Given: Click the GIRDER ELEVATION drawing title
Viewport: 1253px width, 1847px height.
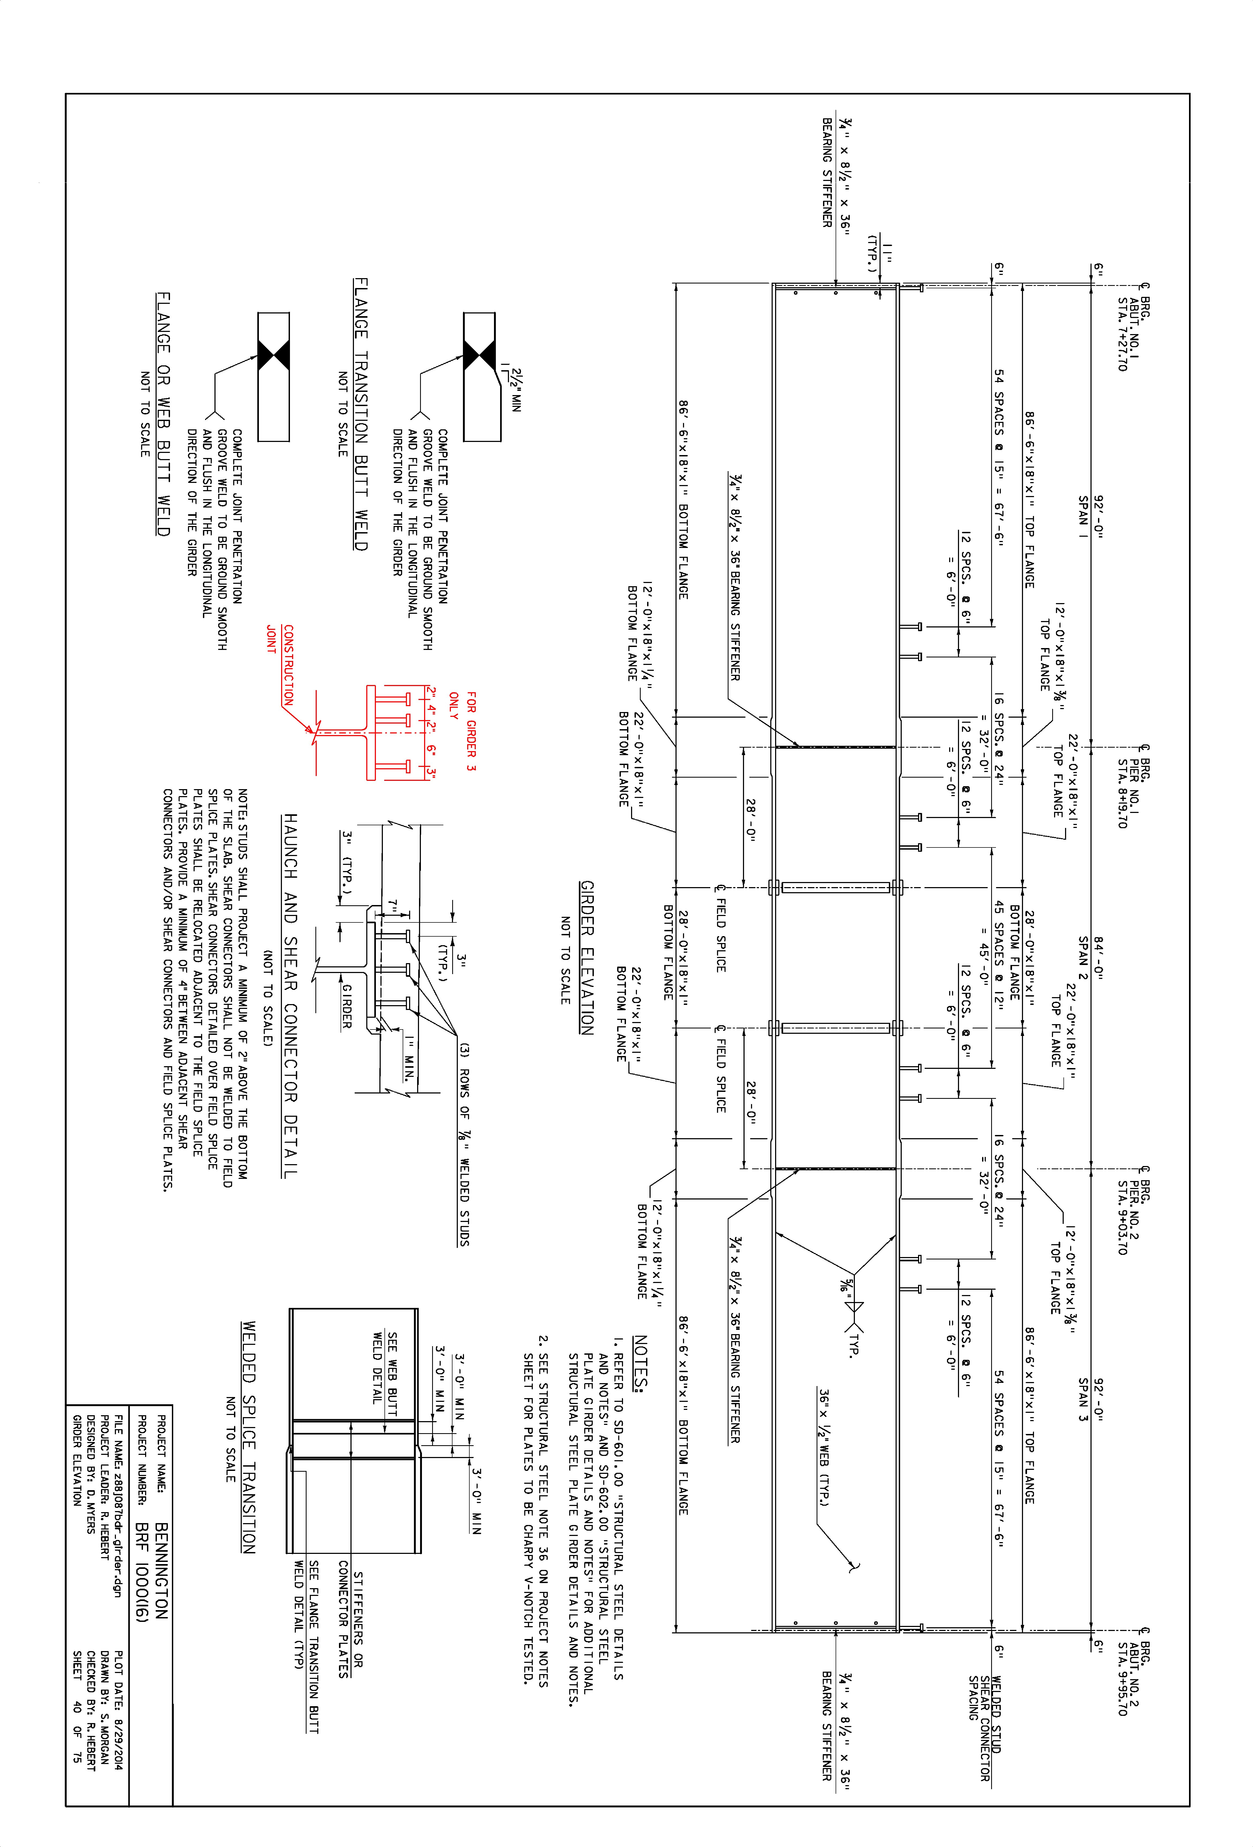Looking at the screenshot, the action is (x=587, y=958).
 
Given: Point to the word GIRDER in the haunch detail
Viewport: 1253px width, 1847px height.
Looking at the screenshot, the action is (x=347, y=1006).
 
